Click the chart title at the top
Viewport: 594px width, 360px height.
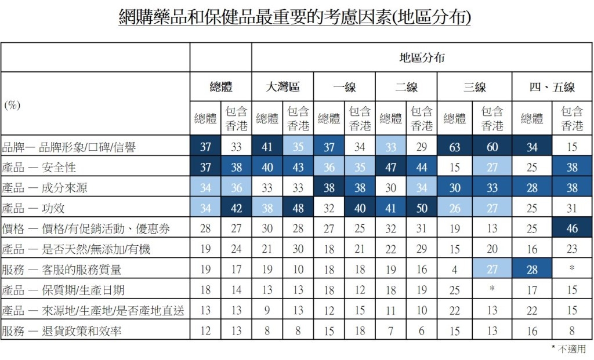point(294,18)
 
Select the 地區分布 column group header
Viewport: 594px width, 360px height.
point(422,57)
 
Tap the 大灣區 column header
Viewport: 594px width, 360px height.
point(282,88)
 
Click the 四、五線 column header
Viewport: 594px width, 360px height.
point(552,88)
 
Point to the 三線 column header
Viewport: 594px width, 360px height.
point(474,88)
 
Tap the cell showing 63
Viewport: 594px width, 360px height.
point(455,147)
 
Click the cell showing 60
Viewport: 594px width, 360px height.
point(492,147)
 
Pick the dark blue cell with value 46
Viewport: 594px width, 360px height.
point(572,228)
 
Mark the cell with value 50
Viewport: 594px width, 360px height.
point(422,208)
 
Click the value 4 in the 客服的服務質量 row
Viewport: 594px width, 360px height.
point(455,270)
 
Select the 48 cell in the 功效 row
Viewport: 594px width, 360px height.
point(298,208)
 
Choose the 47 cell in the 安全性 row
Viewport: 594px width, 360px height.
point(390,168)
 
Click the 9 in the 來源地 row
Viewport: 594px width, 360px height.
point(267,311)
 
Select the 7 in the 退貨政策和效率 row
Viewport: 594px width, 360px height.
point(390,331)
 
